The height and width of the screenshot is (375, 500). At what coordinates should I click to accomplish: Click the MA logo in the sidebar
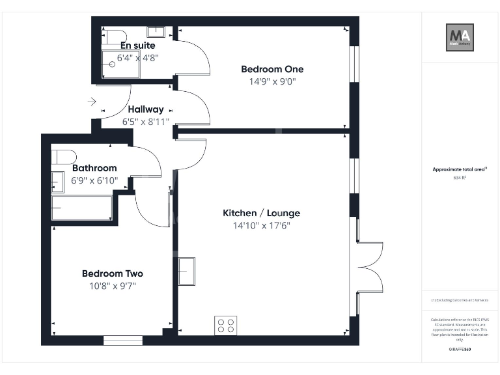click(x=459, y=37)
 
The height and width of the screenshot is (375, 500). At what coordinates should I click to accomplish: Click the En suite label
click(x=138, y=46)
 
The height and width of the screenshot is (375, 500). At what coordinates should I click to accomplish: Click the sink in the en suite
click(x=156, y=31)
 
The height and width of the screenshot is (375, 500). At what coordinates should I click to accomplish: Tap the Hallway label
click(x=146, y=109)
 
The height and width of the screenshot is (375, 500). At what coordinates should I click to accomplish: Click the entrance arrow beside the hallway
click(x=92, y=102)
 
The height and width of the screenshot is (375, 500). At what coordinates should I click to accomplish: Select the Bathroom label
click(x=94, y=168)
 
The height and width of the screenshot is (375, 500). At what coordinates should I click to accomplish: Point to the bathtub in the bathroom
click(x=82, y=208)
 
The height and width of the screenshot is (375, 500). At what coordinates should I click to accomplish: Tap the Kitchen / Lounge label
click(x=262, y=214)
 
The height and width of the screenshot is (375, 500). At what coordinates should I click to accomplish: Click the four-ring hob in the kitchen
click(x=226, y=326)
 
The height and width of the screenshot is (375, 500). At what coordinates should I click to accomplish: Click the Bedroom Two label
click(x=112, y=273)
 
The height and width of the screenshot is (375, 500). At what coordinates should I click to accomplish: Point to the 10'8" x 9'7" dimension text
click(x=112, y=286)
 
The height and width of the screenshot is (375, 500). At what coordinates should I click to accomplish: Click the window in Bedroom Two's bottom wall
click(x=123, y=340)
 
